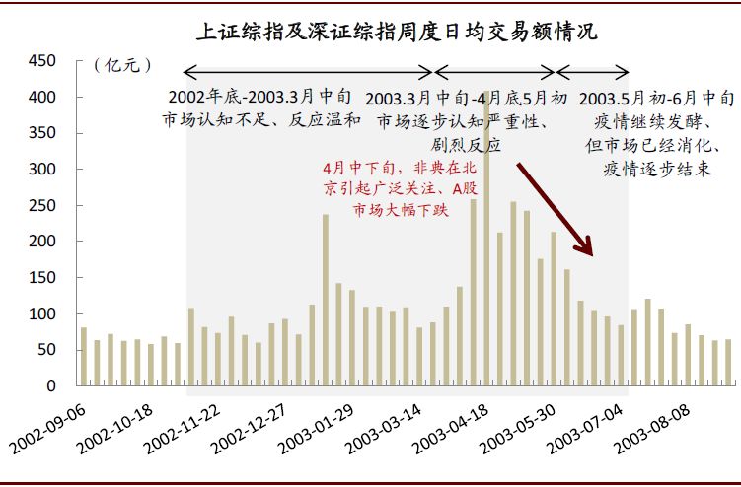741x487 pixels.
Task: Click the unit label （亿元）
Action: [122, 64]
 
